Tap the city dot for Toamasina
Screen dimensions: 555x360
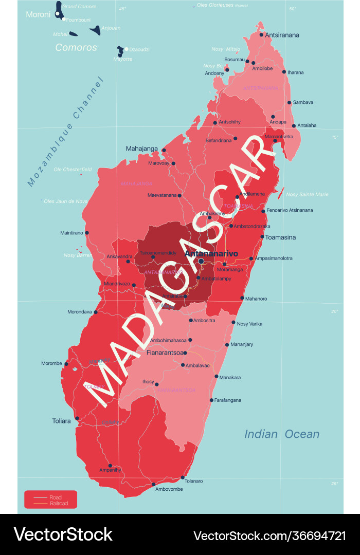[x=262, y=237]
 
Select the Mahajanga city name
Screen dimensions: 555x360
[x=142, y=149]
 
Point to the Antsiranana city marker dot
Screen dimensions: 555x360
[x=261, y=35]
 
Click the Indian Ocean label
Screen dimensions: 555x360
[x=281, y=434]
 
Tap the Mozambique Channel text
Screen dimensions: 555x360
[x=65, y=132]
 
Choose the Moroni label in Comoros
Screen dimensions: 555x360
[x=38, y=14]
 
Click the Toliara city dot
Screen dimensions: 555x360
[x=77, y=418]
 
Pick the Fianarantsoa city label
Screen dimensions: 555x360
[x=165, y=353]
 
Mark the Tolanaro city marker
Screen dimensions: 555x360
[x=183, y=477]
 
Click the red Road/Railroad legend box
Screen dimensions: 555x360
[x=50, y=499]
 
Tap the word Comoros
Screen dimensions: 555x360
[x=76, y=47]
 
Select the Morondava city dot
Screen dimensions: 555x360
[x=95, y=311]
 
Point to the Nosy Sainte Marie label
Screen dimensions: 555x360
[x=307, y=194]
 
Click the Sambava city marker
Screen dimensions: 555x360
[x=289, y=102]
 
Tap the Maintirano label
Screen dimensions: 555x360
[x=71, y=233]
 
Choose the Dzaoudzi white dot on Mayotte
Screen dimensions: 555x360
[x=127, y=49]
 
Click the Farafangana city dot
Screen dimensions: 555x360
[x=211, y=400]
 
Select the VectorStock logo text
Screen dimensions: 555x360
[x=63, y=534]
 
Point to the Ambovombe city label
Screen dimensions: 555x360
[x=169, y=489]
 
